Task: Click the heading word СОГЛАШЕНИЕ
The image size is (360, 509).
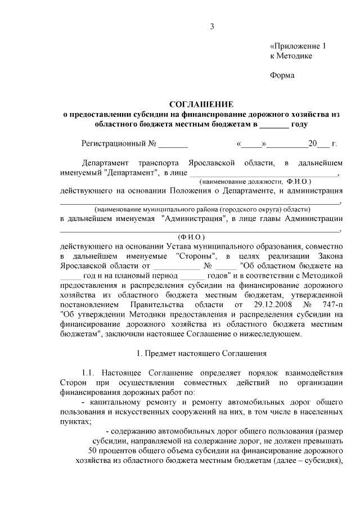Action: click(x=202, y=105)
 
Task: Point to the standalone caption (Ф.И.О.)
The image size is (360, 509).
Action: click(x=191, y=237)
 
